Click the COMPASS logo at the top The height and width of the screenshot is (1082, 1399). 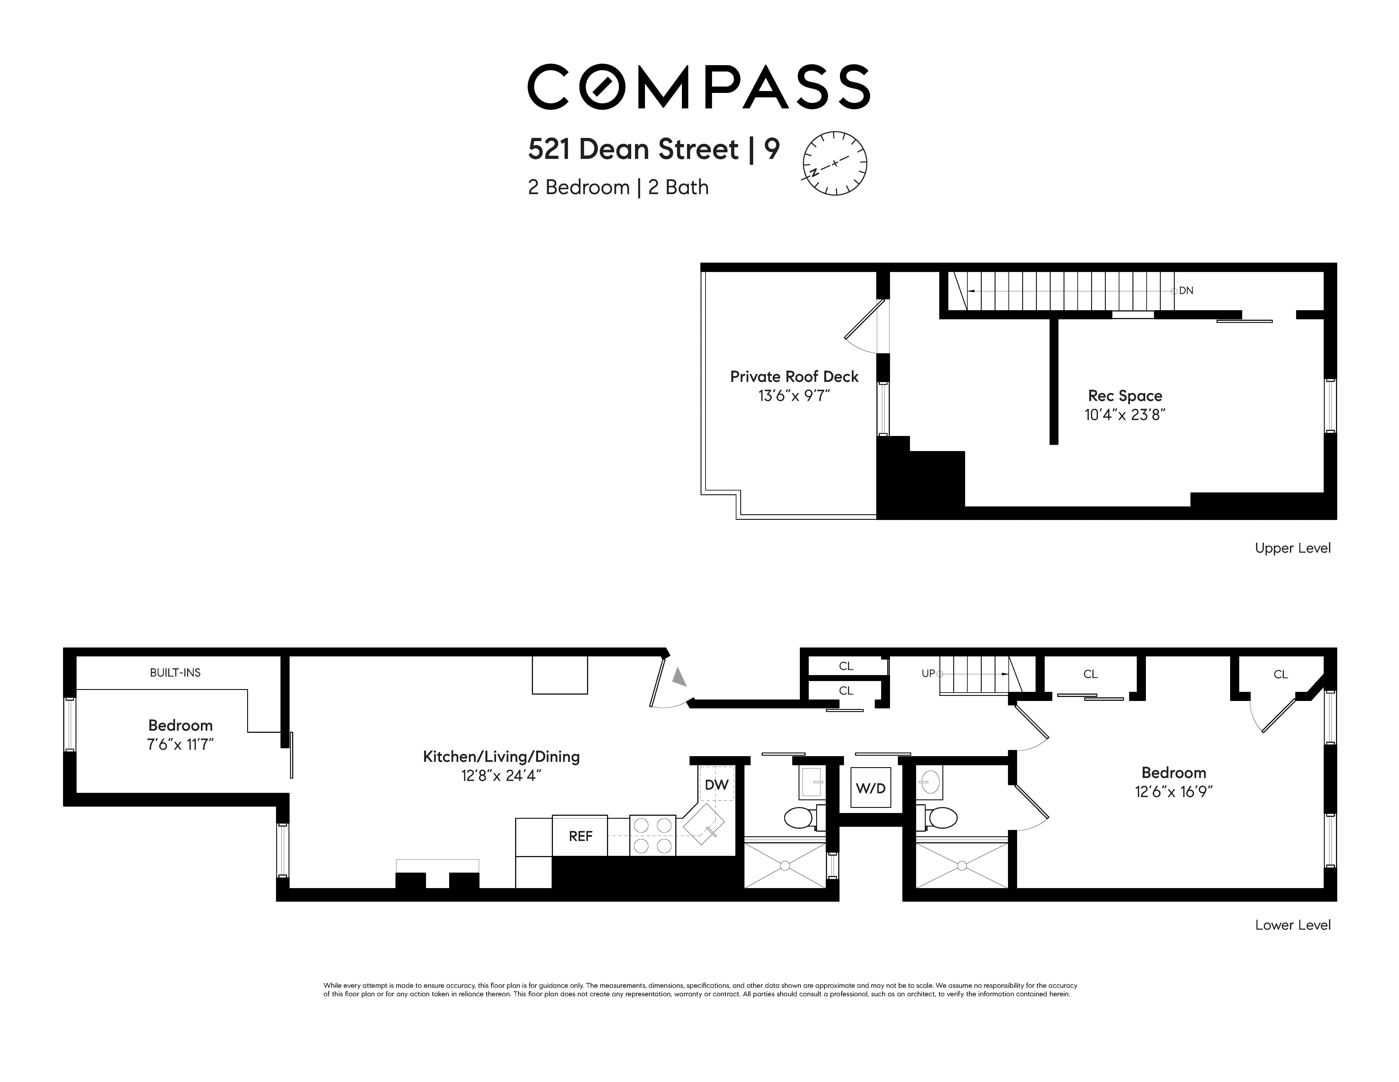(698, 87)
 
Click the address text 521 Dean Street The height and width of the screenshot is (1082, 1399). (633, 149)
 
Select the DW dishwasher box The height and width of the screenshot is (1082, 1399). (716, 785)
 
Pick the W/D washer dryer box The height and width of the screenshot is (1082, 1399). (871, 788)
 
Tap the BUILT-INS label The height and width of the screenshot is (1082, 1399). (175, 673)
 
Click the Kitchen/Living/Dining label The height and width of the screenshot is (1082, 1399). (501, 757)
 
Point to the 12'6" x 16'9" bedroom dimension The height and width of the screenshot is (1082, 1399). (1173, 792)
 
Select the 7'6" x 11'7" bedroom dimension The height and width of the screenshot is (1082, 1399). (180, 744)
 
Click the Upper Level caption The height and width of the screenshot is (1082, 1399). (1292, 548)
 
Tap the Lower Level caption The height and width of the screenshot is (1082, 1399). (1292, 925)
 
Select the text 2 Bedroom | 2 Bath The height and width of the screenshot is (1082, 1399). (618, 188)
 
